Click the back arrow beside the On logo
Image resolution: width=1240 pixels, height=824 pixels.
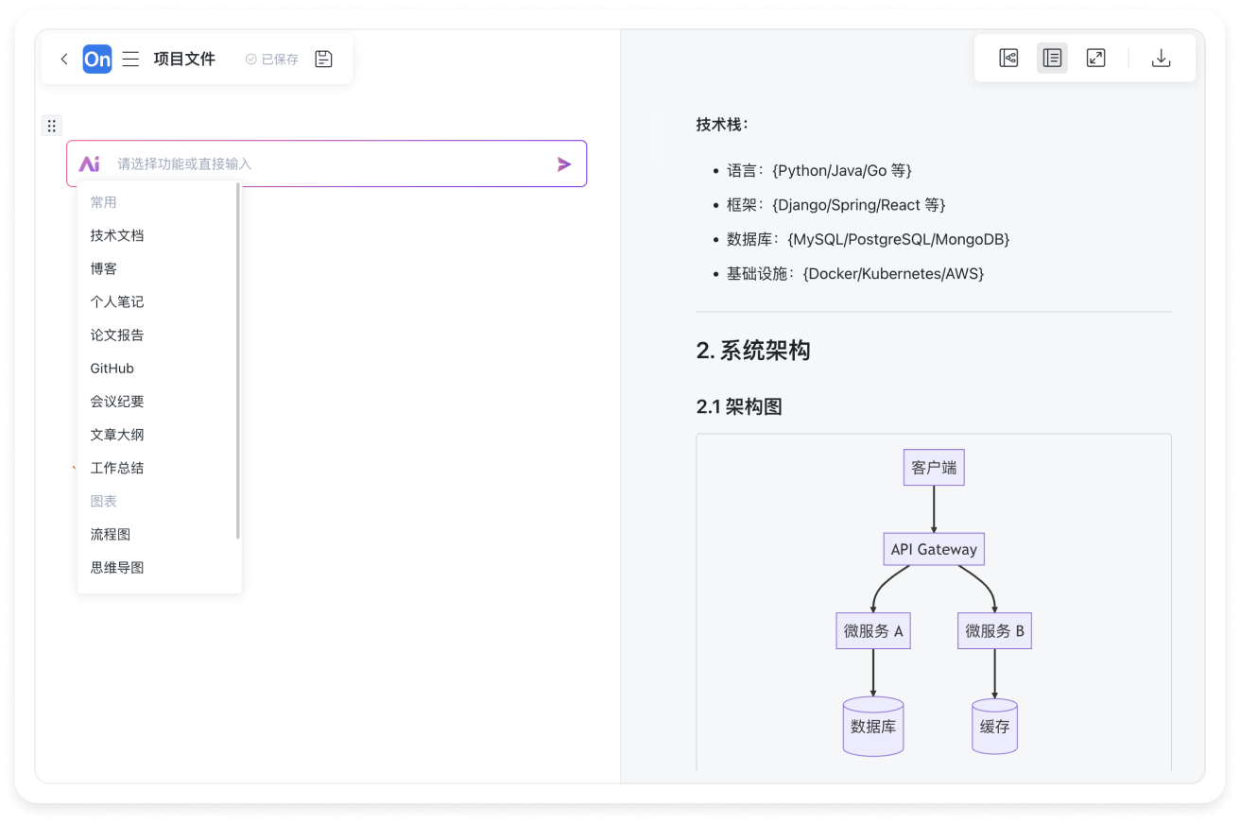point(64,60)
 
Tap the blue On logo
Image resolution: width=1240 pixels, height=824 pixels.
point(97,60)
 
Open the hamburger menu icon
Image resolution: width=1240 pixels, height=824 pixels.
point(131,60)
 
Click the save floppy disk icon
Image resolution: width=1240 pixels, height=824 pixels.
point(323,60)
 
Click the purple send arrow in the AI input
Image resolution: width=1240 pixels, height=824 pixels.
point(564,164)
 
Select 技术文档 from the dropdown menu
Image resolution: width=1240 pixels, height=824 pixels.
point(117,235)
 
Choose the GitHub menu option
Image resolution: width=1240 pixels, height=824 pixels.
point(112,369)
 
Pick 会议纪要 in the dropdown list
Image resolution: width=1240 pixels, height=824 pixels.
point(117,402)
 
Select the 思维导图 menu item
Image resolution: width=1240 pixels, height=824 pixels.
point(117,568)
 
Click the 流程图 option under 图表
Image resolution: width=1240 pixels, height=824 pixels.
point(111,535)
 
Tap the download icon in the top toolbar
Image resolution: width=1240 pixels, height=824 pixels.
point(1161,59)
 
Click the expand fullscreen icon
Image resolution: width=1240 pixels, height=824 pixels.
point(1095,59)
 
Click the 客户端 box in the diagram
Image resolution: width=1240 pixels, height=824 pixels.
point(934,468)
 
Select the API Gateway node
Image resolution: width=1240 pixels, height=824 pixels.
point(934,550)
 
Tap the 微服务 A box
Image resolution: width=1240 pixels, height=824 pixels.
point(873,631)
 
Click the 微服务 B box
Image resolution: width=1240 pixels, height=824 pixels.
point(994,631)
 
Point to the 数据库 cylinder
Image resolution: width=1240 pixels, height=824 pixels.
point(873,727)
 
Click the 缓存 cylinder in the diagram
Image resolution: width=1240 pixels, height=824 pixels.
point(994,727)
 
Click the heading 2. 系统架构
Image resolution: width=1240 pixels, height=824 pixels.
point(753,352)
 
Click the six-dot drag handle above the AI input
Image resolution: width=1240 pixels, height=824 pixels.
point(52,126)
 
